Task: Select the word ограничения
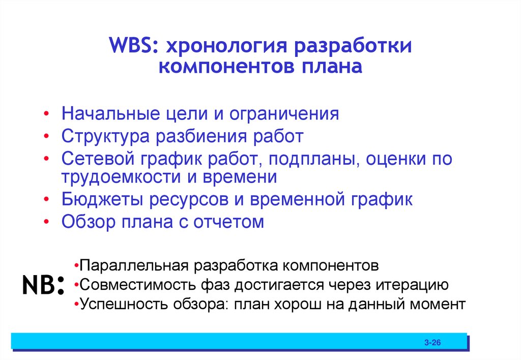click(284, 114)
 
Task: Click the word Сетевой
click(95, 159)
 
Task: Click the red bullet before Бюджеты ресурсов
click(47, 200)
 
